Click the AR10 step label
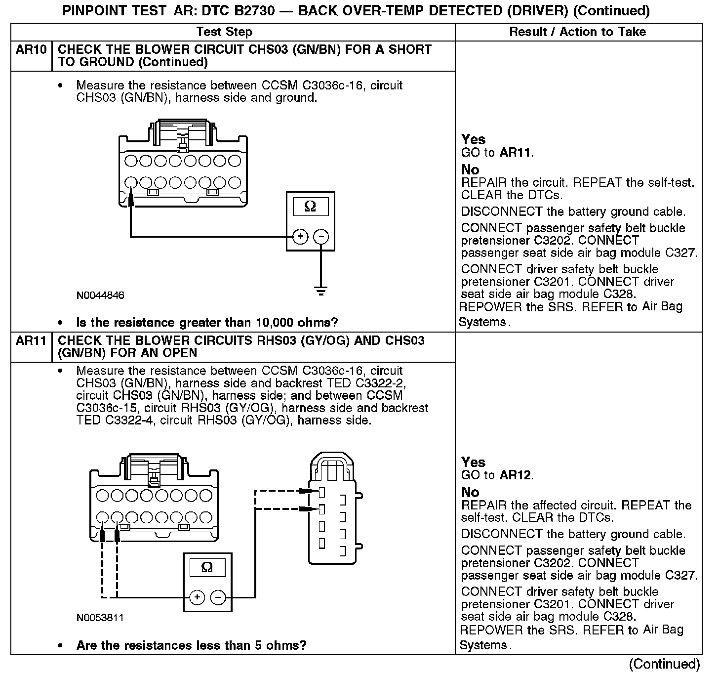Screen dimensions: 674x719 pos(31,50)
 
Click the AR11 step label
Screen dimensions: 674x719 pos(31,341)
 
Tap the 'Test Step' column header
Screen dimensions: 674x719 pos(224,32)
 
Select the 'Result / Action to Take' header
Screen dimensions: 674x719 pos(577,32)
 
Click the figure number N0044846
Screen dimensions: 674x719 pos(100,295)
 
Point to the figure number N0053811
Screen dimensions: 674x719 pos(100,618)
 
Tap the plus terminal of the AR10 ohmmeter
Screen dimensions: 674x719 pos(300,237)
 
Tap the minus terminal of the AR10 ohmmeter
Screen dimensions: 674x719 pos(321,237)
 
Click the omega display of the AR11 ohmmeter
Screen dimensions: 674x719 pos(207,567)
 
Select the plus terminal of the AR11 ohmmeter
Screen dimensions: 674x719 pos(197,597)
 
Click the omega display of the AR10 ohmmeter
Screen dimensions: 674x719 pos(310,206)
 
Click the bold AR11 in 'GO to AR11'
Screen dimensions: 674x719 pos(516,153)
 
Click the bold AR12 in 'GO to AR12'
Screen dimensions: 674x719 pos(516,475)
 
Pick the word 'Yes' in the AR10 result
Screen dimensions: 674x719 pos(473,139)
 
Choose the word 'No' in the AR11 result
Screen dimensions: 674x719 pos(470,492)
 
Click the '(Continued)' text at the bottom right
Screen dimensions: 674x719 pos(665,664)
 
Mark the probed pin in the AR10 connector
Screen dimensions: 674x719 pos(131,182)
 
